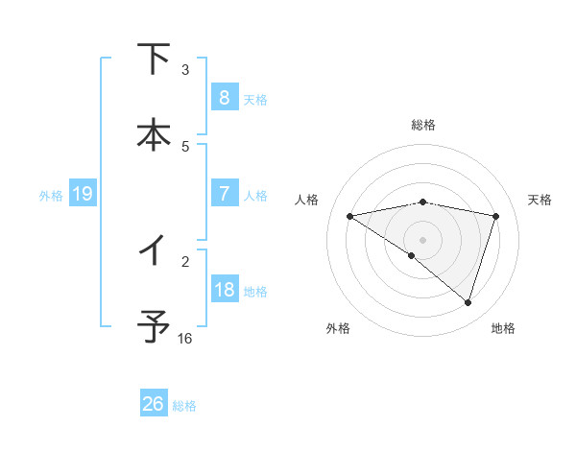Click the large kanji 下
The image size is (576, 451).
click(x=154, y=59)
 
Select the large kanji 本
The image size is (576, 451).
click(x=154, y=133)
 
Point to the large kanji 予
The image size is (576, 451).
click(x=154, y=325)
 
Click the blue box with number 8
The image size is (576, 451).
click(x=224, y=97)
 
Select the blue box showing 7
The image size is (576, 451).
click(x=224, y=194)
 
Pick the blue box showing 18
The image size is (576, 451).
click(x=224, y=290)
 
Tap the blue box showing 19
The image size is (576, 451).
click(x=82, y=195)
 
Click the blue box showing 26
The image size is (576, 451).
click(x=153, y=404)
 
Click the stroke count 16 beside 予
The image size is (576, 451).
click(x=185, y=339)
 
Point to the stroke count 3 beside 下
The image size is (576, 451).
click(x=185, y=70)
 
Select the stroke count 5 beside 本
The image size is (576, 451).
click(x=185, y=147)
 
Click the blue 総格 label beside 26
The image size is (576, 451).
click(x=184, y=406)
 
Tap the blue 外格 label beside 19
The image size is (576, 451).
click(x=51, y=196)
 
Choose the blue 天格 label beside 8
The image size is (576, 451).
click(x=255, y=99)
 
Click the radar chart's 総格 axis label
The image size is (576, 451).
click(x=423, y=125)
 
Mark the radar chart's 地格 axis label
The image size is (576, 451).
click(x=503, y=328)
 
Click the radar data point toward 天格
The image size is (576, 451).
click(x=496, y=216)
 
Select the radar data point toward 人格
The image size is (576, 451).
click(x=350, y=216)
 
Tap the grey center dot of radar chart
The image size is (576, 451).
click(x=423, y=239)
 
